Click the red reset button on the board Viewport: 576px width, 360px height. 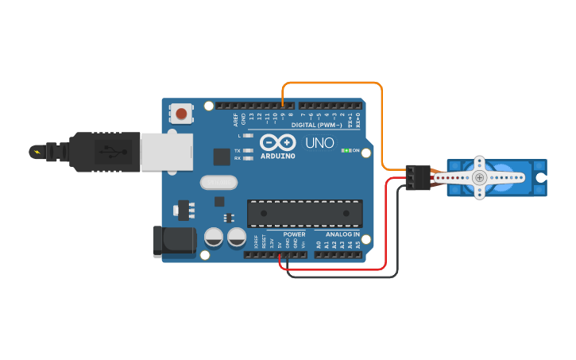(x=182, y=114)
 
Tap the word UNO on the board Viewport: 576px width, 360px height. (x=321, y=143)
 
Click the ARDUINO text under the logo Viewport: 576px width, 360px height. (x=277, y=156)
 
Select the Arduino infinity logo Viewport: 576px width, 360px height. (x=277, y=142)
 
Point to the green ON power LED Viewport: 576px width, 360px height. (x=346, y=150)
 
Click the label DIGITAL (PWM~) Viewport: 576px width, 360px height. (x=316, y=125)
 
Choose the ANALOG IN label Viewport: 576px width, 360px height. (x=342, y=234)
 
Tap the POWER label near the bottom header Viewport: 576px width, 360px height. (x=294, y=234)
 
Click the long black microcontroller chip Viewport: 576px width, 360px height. (x=304, y=213)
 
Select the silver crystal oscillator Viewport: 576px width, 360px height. (x=218, y=183)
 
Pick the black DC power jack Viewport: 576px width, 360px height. (x=174, y=241)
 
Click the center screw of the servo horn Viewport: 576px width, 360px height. (x=479, y=178)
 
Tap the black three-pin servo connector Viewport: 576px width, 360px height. (x=416, y=177)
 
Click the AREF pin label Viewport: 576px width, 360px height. (x=235, y=120)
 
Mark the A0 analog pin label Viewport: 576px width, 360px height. (x=319, y=245)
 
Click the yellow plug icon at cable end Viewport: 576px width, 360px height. (x=37, y=150)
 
